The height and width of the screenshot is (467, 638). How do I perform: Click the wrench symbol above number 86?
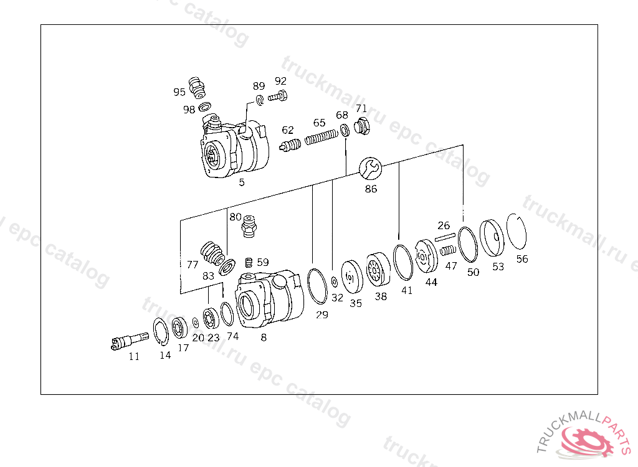370,168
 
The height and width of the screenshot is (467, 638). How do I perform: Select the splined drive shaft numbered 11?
130,340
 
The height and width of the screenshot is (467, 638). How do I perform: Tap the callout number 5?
242,182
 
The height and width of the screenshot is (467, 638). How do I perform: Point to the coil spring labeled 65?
321,136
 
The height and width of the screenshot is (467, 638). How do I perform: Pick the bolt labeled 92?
279,97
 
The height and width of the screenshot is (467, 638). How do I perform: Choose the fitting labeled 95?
197,87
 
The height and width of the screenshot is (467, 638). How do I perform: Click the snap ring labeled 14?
161,331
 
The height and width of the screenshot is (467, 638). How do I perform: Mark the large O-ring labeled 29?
317,286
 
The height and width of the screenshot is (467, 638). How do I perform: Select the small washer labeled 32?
335,281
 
